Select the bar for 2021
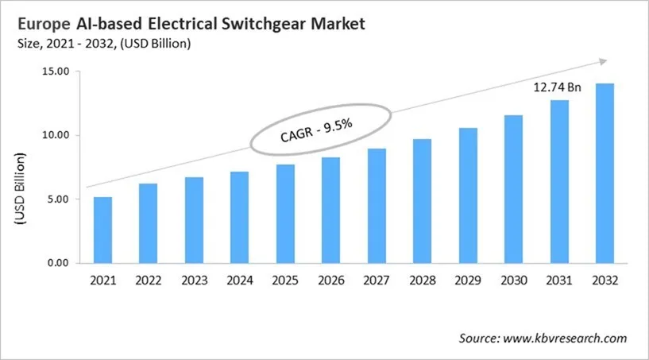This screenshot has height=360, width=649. click(x=102, y=230)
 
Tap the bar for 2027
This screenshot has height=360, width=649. click(x=377, y=206)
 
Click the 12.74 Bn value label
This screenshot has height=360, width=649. click(x=558, y=88)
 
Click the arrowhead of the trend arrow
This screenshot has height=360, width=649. click(x=603, y=61)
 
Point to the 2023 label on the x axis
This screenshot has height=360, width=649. click(x=194, y=281)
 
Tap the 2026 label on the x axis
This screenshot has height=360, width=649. click(x=330, y=281)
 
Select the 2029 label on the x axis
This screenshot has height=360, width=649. click(x=467, y=281)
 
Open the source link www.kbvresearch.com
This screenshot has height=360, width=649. click(x=568, y=338)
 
